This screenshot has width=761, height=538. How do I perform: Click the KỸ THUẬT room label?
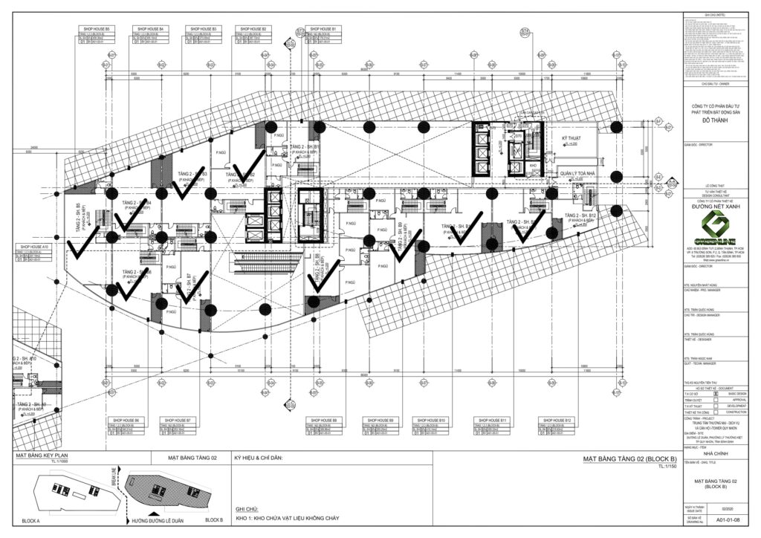[570, 139]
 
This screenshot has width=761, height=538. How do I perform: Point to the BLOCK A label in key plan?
[36, 520]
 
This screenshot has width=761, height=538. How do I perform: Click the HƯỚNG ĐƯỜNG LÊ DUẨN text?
[157, 519]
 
